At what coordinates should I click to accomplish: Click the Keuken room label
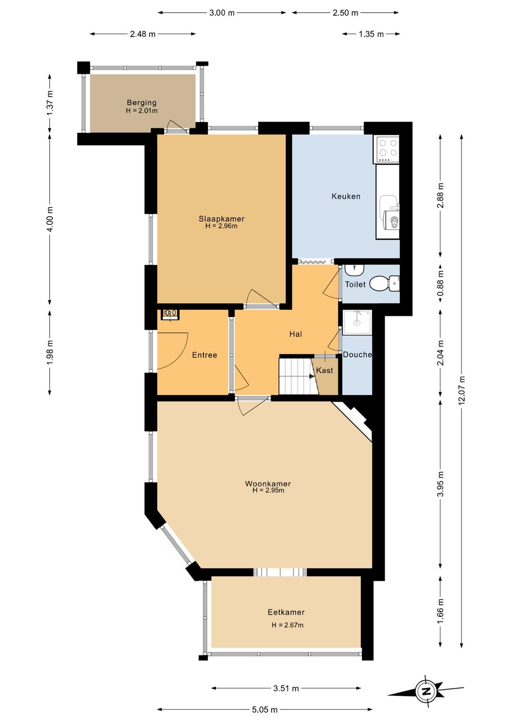tap(345, 196)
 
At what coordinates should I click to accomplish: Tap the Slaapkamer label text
tap(221, 219)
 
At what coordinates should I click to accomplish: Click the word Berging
tap(141, 103)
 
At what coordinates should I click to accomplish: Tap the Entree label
tap(204, 355)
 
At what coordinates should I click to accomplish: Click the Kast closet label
tap(324, 370)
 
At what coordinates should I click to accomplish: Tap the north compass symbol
tap(426, 691)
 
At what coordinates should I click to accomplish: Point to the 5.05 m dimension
tap(264, 709)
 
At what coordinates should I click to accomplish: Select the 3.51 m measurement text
tap(286, 688)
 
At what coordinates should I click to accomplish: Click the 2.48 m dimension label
tap(142, 34)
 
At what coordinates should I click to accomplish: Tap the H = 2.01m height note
tap(141, 111)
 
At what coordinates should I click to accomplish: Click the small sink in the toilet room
tap(354, 270)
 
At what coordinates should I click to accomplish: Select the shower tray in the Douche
tap(357, 323)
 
